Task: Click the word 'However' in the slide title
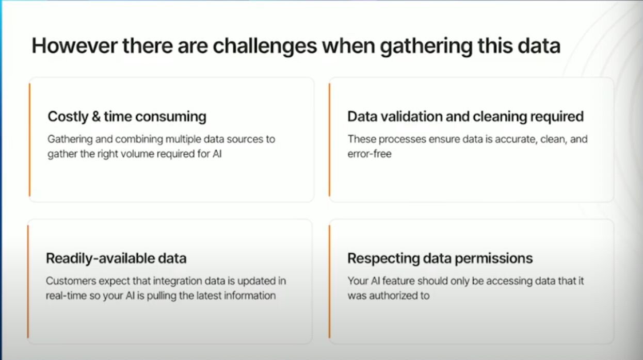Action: pos(74,46)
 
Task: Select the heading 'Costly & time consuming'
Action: pos(127,117)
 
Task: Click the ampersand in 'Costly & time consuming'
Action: pos(96,117)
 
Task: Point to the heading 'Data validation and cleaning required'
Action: pos(465,117)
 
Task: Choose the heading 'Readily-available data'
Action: pos(116,258)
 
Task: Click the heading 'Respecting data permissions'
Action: pos(440,258)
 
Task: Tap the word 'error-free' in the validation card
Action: pos(369,154)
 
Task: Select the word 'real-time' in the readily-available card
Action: pos(66,296)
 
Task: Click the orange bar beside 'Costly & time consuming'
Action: pos(29,140)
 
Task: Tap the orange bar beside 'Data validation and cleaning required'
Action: pos(330,140)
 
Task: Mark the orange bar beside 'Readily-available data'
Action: pos(28,282)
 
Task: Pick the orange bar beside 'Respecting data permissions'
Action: pos(330,282)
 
